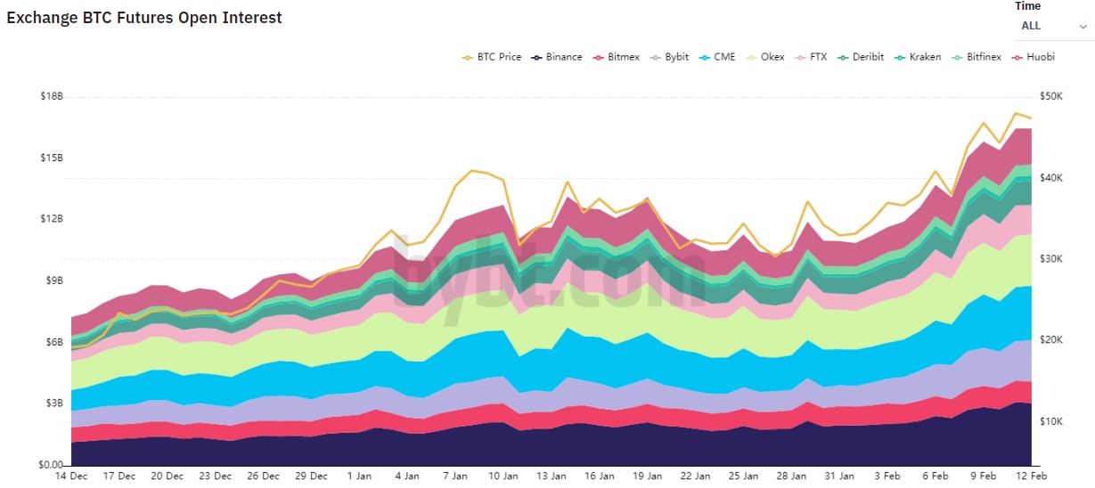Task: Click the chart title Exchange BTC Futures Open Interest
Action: coord(144,18)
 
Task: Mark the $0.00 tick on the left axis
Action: coord(49,465)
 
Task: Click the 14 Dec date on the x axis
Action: coord(72,476)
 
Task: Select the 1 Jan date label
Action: coord(359,476)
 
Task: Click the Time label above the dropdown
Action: coord(1027,6)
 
